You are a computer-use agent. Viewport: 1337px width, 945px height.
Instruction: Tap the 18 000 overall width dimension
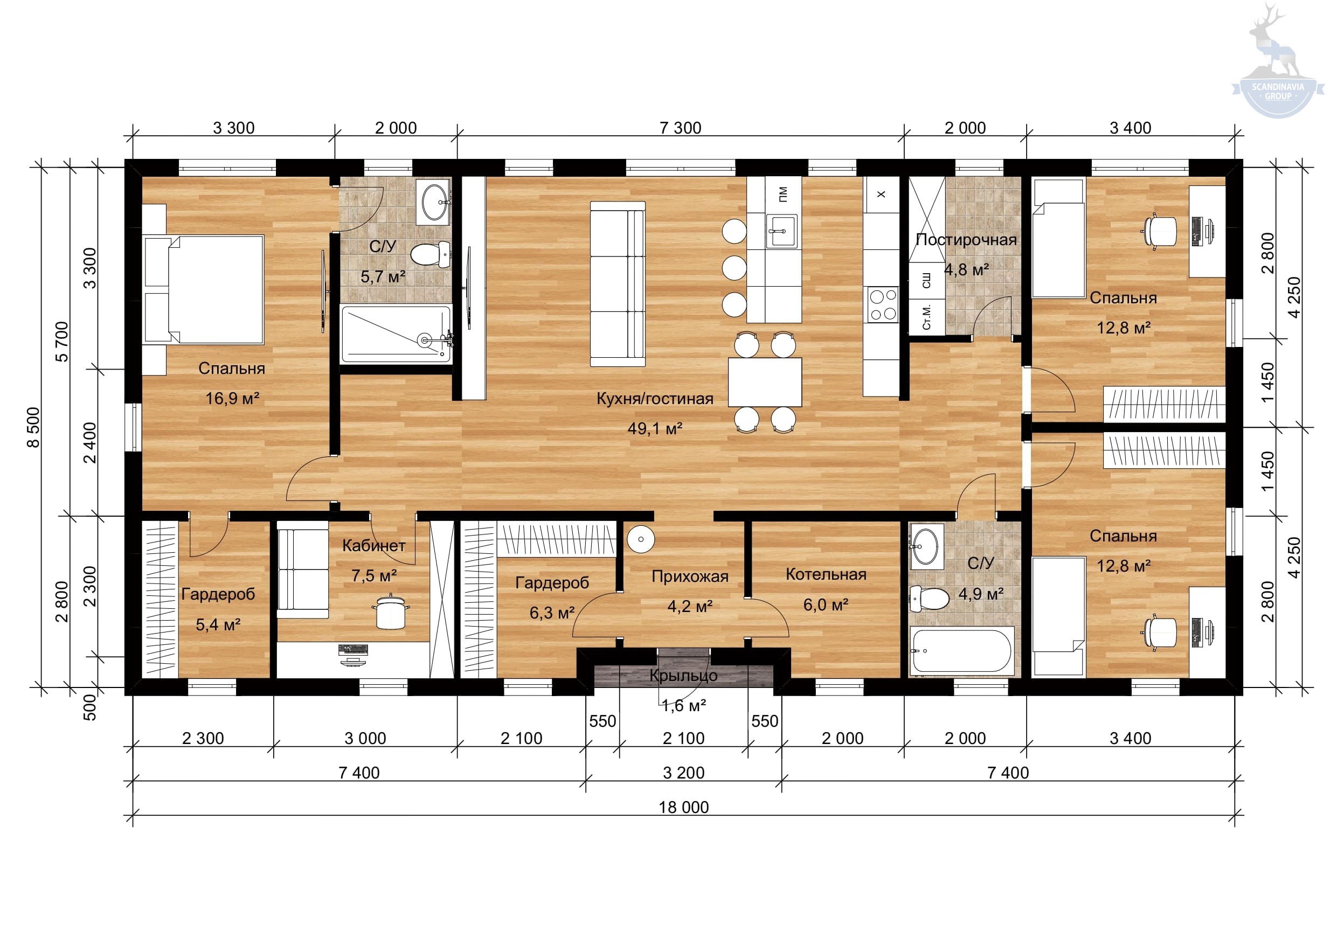[x=684, y=807]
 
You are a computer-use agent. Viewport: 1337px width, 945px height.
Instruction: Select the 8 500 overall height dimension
[x=34, y=427]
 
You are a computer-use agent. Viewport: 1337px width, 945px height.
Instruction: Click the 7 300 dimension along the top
[x=680, y=128]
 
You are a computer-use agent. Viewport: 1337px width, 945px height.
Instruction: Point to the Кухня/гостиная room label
[x=655, y=398]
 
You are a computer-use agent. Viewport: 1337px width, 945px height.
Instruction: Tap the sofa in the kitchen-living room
[x=618, y=284]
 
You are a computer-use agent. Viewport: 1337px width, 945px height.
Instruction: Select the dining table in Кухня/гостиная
[x=765, y=382]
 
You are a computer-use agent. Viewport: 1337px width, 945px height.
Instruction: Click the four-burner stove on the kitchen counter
[x=883, y=304]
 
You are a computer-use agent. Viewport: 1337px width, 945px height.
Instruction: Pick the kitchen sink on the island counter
[x=781, y=231]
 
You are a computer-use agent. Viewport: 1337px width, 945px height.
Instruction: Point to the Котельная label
[x=826, y=574]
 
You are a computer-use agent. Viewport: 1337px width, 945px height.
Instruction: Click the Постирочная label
[x=966, y=239]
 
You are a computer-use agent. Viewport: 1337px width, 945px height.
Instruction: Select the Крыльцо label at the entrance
[x=683, y=676]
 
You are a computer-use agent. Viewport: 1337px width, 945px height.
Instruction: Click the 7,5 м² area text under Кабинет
[x=374, y=575]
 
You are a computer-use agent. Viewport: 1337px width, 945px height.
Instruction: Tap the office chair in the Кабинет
[x=391, y=612]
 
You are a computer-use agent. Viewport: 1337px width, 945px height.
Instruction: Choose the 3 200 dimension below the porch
[x=684, y=773]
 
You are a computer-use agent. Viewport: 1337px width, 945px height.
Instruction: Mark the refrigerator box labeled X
[x=881, y=194]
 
